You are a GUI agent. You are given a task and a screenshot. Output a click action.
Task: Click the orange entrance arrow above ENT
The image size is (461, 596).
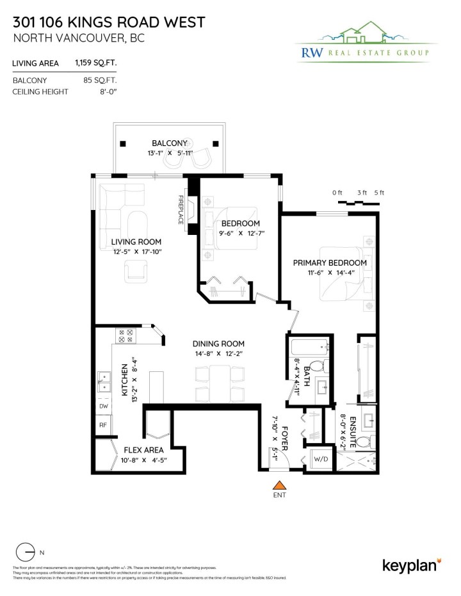tap(279, 486)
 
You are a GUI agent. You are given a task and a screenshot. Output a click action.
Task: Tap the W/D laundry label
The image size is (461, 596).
tap(319, 459)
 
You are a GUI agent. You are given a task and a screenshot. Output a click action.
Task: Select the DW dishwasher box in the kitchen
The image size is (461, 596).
tap(103, 406)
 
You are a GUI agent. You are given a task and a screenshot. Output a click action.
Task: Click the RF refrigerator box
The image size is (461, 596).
tap(103, 424)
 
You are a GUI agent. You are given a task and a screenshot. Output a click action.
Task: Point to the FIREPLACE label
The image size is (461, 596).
tap(181, 209)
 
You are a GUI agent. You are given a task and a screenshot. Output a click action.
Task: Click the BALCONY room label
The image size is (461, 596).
tap(169, 143)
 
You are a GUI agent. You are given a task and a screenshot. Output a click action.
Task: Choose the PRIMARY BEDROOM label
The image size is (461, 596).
tap(330, 262)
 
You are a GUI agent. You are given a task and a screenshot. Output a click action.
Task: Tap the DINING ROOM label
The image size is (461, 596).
tap(220, 344)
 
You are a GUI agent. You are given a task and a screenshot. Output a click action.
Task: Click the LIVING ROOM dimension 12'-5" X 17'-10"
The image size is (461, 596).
tap(136, 252)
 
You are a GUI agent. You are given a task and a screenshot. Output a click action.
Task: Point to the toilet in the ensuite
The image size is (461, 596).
tap(364, 441)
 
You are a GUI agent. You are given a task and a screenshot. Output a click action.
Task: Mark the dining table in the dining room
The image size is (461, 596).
tap(220, 383)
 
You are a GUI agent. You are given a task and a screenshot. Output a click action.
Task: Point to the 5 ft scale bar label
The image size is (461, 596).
tap(379, 193)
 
